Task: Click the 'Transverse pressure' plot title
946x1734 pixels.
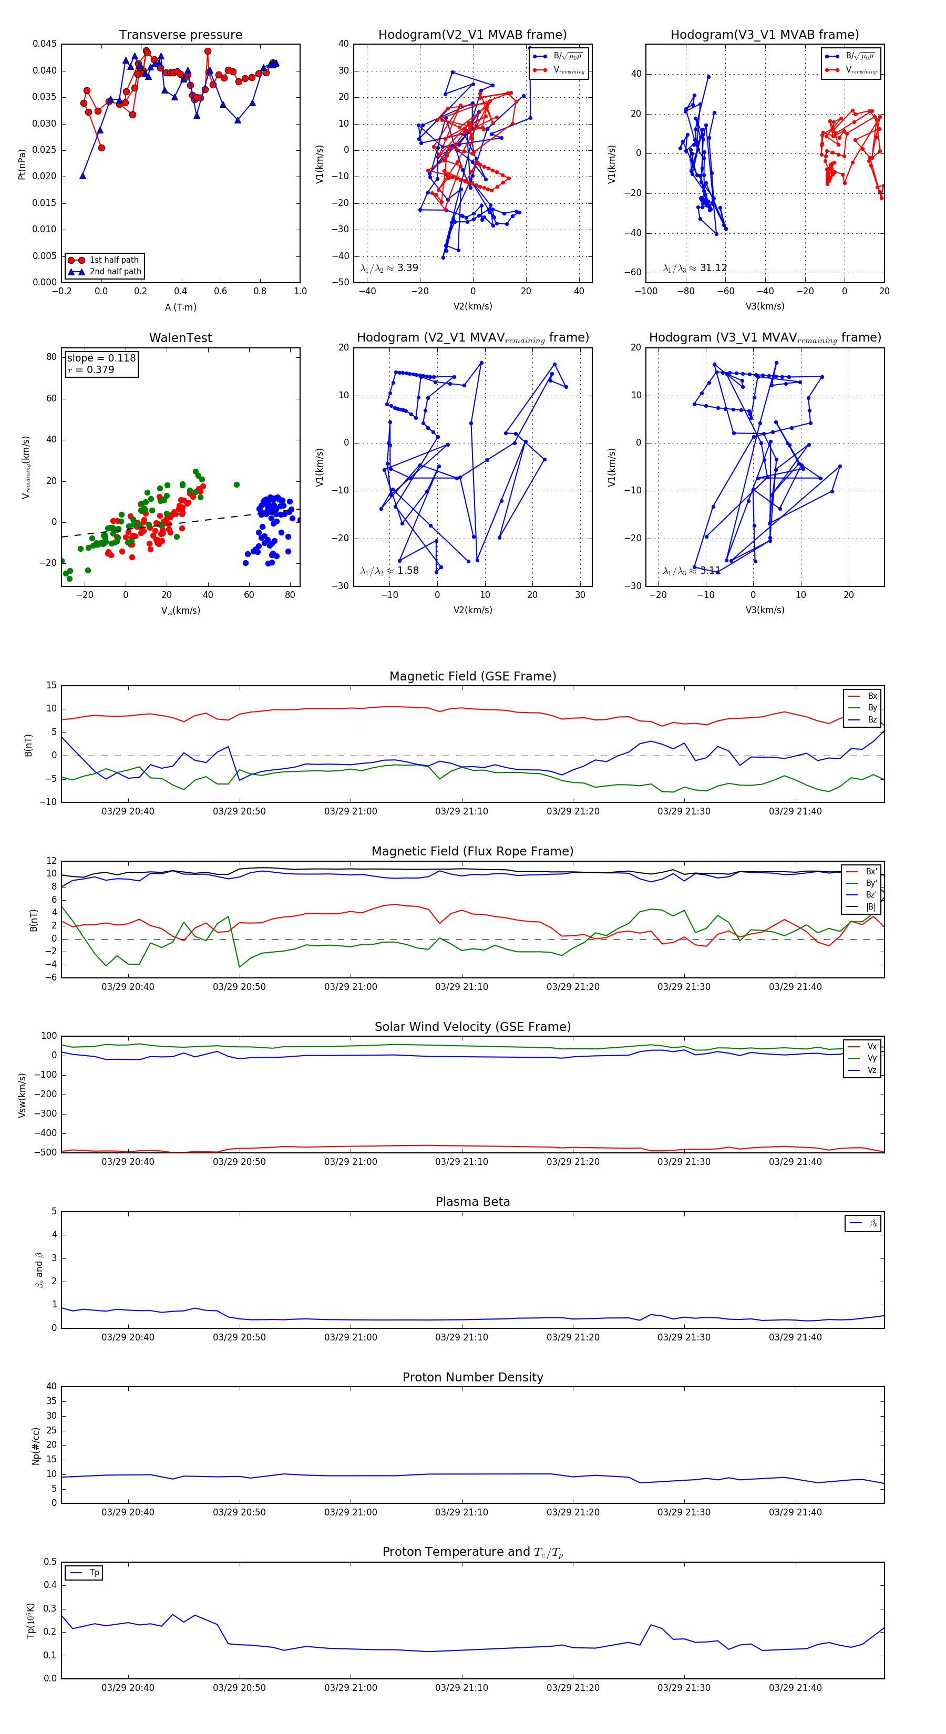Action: [180, 35]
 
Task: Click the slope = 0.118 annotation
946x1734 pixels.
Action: [101, 358]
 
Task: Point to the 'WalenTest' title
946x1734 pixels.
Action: [180, 338]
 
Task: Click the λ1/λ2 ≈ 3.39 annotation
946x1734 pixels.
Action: [389, 268]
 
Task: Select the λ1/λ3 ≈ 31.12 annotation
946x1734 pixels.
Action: [695, 268]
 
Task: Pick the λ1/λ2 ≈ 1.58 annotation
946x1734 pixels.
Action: [389, 571]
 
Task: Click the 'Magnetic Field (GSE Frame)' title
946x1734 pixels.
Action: [472, 676]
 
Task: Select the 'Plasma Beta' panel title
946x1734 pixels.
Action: [472, 1202]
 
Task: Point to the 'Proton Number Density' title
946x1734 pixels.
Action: [472, 1377]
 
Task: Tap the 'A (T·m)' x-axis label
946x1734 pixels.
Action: [180, 307]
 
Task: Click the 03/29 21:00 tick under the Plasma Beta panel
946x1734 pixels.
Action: [350, 1337]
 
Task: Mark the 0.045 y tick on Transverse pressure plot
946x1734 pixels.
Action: [45, 44]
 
